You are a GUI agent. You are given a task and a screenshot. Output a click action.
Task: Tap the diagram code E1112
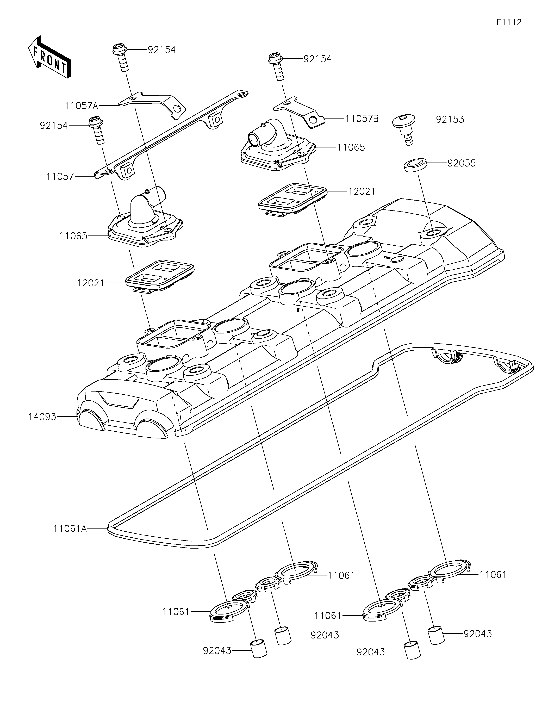click(x=509, y=22)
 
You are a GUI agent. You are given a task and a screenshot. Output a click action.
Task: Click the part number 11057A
click(x=81, y=105)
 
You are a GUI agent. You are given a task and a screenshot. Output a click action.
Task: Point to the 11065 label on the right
click(x=351, y=147)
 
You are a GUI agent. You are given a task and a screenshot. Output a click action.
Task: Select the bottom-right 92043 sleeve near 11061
click(x=436, y=635)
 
